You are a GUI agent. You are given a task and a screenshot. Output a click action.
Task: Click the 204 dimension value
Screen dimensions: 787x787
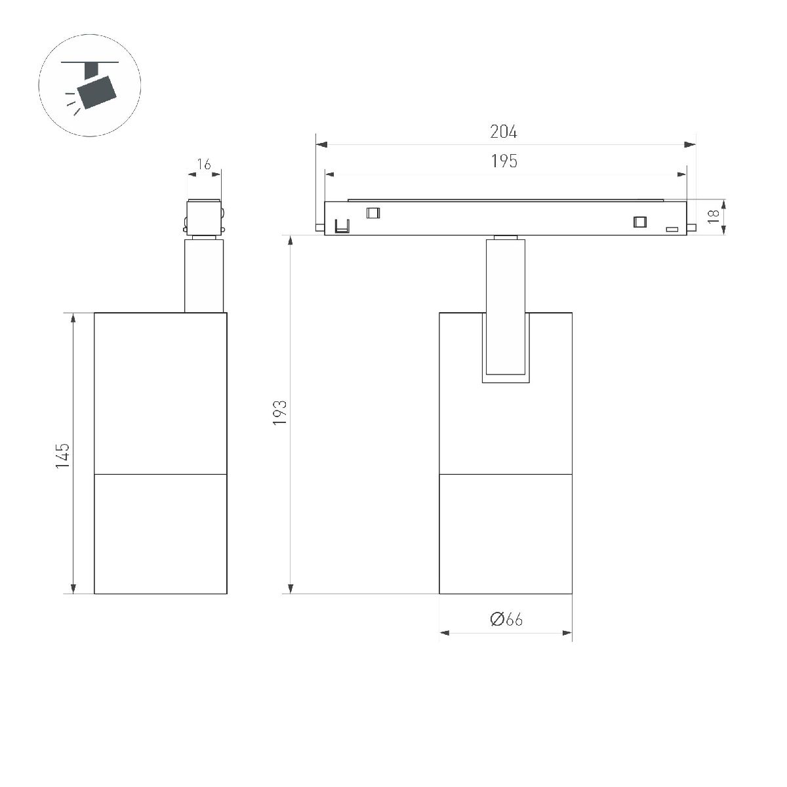click(503, 132)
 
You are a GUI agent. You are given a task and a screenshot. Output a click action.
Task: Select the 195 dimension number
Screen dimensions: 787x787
click(504, 161)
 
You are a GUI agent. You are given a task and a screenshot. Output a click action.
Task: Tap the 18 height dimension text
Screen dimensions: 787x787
click(713, 216)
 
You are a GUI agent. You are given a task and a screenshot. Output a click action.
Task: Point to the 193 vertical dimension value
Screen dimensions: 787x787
click(280, 413)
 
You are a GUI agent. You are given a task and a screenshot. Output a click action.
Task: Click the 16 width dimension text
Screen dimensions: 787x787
click(204, 164)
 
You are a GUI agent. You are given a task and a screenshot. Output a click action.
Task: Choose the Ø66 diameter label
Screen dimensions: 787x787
click(506, 619)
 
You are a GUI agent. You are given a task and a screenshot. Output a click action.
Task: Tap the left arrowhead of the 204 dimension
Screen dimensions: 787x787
click(321, 144)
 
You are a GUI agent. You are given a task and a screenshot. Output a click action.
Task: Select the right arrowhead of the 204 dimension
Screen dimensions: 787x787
click(690, 144)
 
